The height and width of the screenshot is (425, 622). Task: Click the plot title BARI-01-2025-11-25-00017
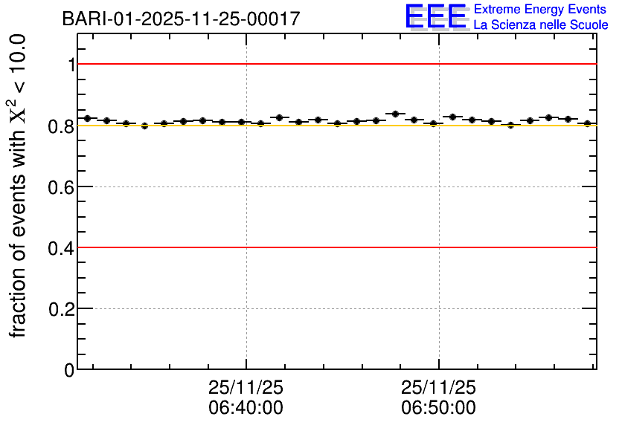(x=181, y=19)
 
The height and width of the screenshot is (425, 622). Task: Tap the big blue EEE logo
(x=436, y=17)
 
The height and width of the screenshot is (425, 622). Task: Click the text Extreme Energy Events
(x=539, y=10)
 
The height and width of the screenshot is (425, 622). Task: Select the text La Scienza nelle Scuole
(x=541, y=25)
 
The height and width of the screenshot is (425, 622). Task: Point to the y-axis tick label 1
(x=71, y=65)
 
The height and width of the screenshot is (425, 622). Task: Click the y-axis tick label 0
(x=69, y=369)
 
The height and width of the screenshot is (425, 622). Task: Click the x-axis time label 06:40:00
(x=246, y=408)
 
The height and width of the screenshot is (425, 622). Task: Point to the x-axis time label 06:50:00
(x=438, y=408)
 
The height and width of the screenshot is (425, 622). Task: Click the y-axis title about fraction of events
(x=21, y=186)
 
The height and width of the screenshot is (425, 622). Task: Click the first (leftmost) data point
(x=87, y=118)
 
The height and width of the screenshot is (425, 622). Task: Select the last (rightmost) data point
(x=587, y=123)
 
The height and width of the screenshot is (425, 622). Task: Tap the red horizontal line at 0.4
(x=335, y=247)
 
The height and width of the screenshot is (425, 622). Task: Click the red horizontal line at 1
(x=335, y=65)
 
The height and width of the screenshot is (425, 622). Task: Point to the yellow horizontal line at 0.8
(x=335, y=126)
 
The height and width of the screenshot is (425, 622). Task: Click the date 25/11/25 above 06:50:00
(x=438, y=388)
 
